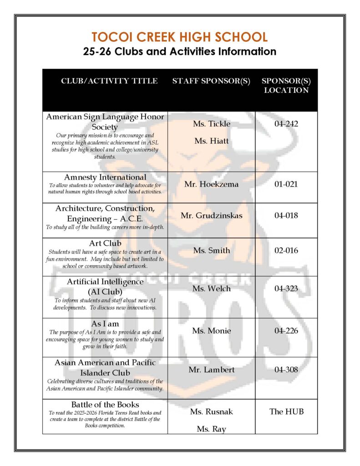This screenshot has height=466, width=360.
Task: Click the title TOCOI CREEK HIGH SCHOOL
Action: point(180,37)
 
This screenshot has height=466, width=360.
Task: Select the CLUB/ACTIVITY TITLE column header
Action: point(109,81)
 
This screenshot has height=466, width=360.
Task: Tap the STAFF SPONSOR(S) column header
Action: point(211,81)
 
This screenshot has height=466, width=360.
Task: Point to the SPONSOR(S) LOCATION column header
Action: point(286,86)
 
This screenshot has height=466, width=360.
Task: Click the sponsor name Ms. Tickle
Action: point(212,124)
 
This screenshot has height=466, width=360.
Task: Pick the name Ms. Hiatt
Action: point(212,141)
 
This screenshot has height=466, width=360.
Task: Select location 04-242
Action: point(286,124)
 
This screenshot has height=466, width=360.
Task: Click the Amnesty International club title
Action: point(105,177)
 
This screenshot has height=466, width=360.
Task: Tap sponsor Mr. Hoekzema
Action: point(211,185)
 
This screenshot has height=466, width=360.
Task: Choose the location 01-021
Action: point(286,185)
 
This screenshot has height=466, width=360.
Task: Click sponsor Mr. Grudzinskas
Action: point(211,215)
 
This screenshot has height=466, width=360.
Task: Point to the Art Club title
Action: point(105,243)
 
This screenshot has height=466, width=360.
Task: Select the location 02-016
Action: point(286,250)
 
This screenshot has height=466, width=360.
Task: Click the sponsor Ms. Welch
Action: point(212,289)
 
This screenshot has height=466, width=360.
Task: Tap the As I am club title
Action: point(105,324)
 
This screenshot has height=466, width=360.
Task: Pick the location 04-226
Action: point(286,331)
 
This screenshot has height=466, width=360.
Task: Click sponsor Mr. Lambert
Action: point(212,370)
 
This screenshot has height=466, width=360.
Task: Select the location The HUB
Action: point(286,411)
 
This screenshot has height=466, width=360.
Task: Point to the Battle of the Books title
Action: point(105,405)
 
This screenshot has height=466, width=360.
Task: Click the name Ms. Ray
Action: point(211,429)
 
